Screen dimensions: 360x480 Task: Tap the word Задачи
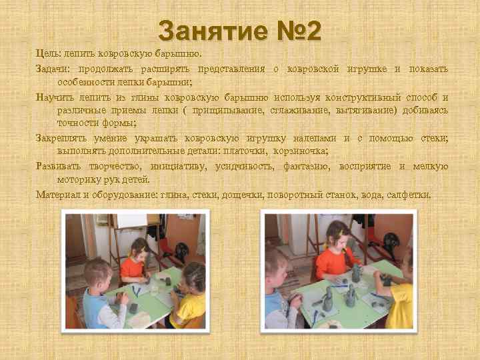click(53, 69)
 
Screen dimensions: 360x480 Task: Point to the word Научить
click(55, 97)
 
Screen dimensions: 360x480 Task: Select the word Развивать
click(60, 167)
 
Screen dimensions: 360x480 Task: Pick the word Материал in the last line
click(58, 195)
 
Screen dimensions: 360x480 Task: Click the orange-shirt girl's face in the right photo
click(337, 239)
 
